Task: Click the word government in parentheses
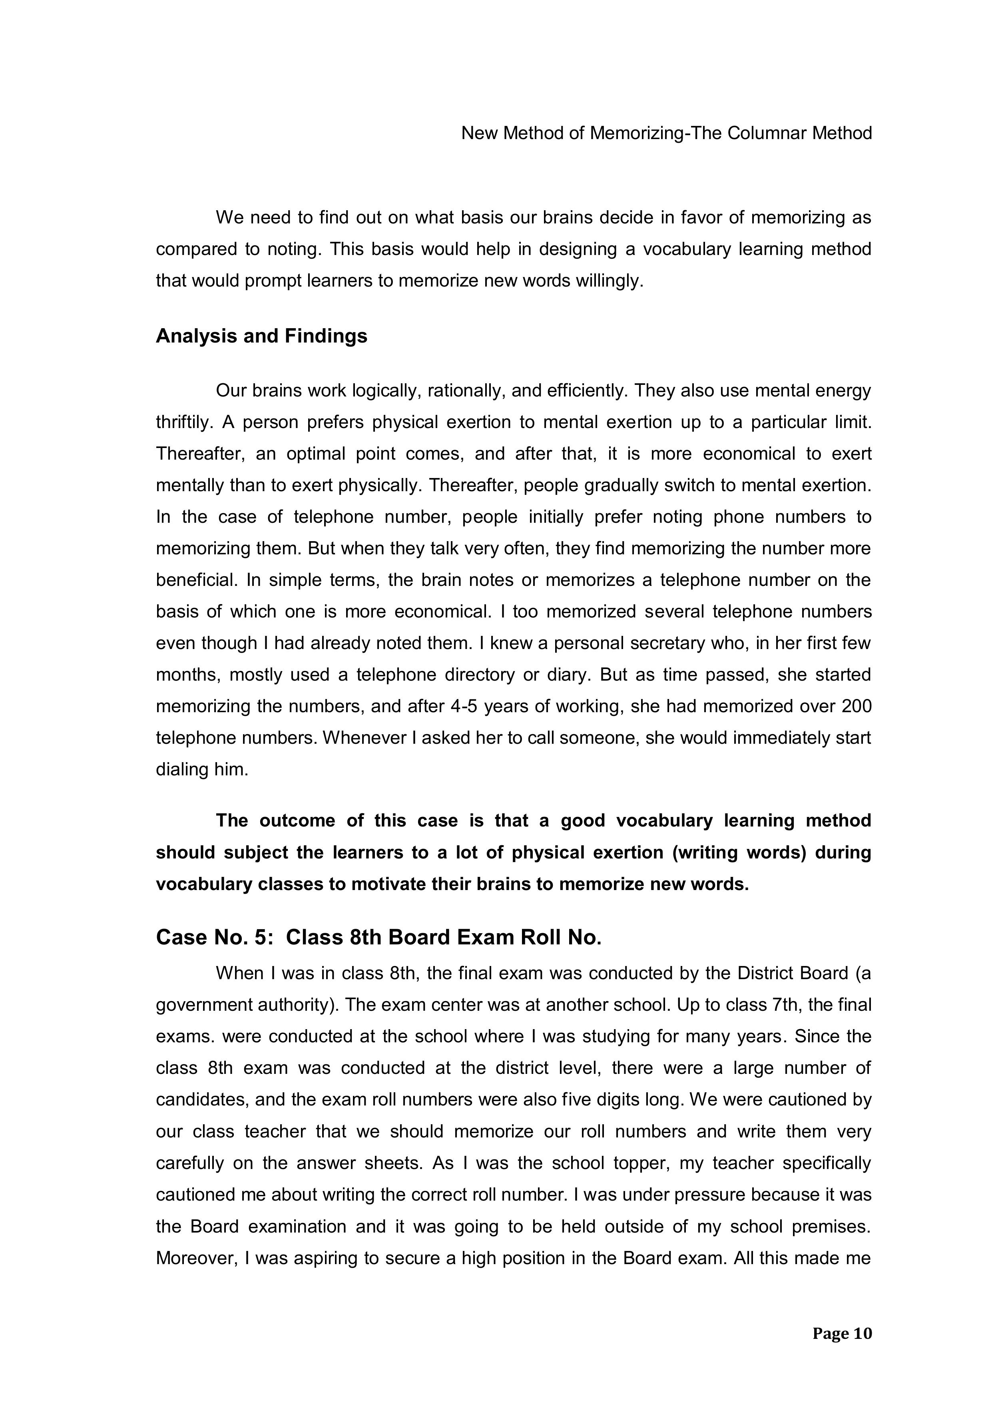pyautogui.click(x=207, y=1004)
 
